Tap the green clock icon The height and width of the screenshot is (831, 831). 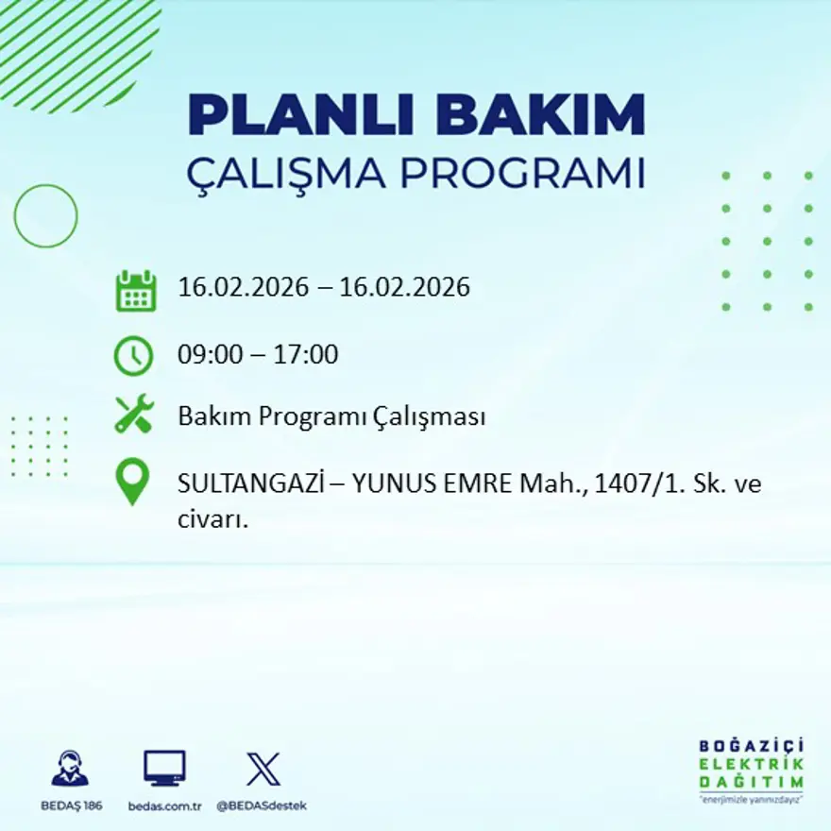pyautogui.click(x=133, y=356)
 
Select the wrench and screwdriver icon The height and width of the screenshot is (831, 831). pyautogui.click(x=134, y=415)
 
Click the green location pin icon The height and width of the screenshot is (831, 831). pyautogui.click(x=133, y=481)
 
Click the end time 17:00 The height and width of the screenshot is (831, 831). pyautogui.click(x=306, y=356)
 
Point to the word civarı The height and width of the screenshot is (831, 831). pyautogui.click(x=212, y=519)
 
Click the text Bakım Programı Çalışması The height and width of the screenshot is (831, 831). pyautogui.click(x=331, y=416)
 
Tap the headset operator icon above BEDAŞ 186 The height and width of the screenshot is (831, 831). pyautogui.click(x=70, y=769)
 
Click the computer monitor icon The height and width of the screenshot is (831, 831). pyautogui.click(x=164, y=769)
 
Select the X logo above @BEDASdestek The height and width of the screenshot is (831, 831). pyautogui.click(x=263, y=769)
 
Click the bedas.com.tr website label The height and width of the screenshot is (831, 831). pyautogui.click(x=164, y=806)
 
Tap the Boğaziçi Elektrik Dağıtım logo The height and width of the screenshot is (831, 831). pyautogui.click(x=752, y=770)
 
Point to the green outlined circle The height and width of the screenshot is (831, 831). pyautogui.click(x=45, y=216)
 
